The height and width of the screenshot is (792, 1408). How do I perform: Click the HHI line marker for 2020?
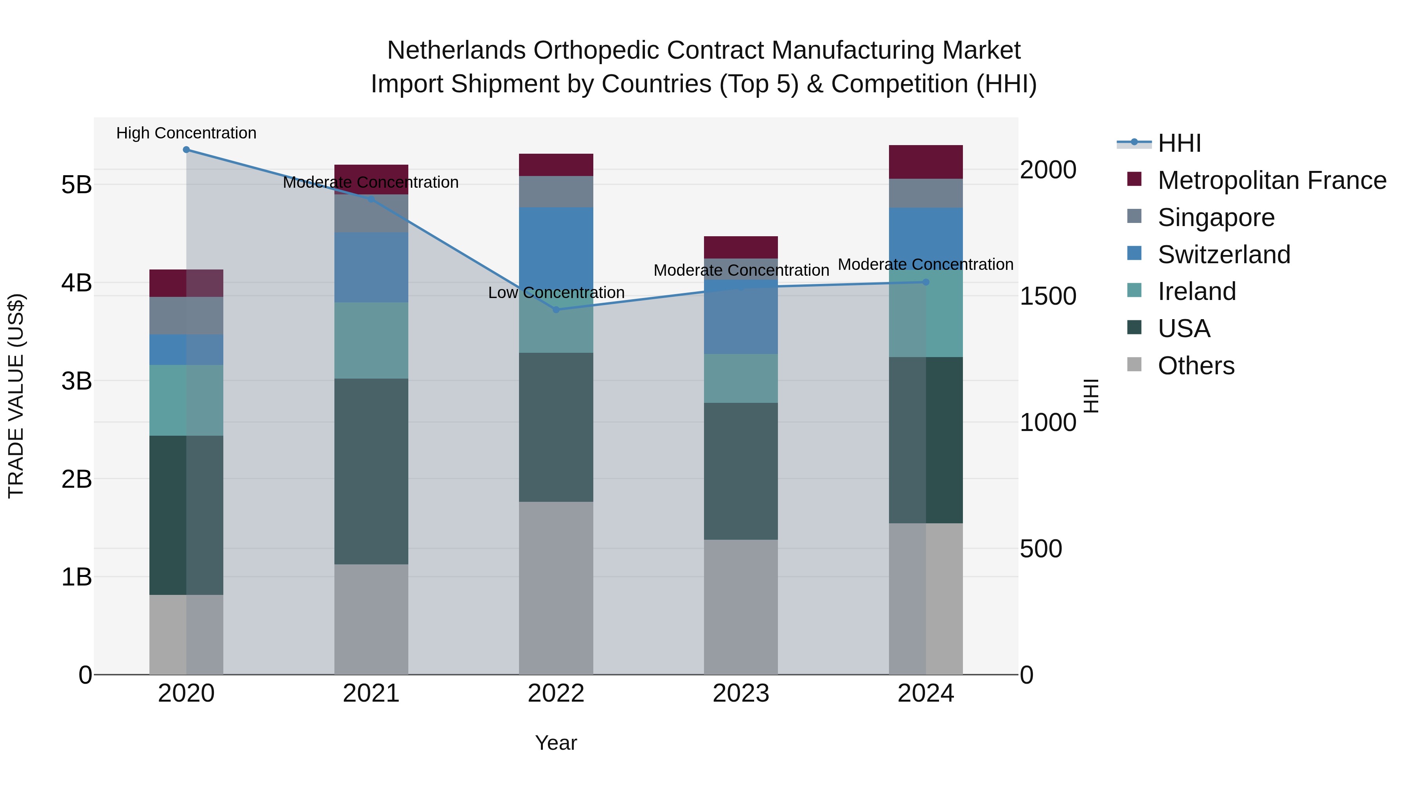click(187, 149)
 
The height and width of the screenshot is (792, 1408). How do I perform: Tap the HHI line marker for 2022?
click(556, 310)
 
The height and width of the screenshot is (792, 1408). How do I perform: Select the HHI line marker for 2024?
click(925, 282)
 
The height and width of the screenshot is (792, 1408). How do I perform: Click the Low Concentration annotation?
click(556, 293)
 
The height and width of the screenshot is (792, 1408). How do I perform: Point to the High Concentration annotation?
click(187, 133)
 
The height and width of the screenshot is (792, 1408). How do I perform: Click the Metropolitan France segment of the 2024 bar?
click(925, 162)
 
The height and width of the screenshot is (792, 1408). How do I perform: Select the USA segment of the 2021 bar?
click(371, 471)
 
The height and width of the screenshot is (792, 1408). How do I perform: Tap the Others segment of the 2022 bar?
click(556, 587)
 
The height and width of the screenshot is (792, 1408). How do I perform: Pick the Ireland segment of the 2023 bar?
click(741, 378)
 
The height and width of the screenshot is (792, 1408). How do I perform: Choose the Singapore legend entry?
click(1216, 217)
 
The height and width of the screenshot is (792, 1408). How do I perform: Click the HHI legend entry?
click(1179, 143)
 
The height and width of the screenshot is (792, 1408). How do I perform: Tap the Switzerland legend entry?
click(1224, 255)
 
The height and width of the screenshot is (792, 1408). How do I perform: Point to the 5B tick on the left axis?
click(77, 185)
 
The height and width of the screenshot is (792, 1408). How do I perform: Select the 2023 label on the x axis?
click(741, 693)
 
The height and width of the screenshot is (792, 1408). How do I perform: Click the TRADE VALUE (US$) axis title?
click(16, 396)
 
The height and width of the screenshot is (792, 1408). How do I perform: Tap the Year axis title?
click(556, 743)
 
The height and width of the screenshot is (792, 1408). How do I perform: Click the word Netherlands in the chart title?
click(456, 50)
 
